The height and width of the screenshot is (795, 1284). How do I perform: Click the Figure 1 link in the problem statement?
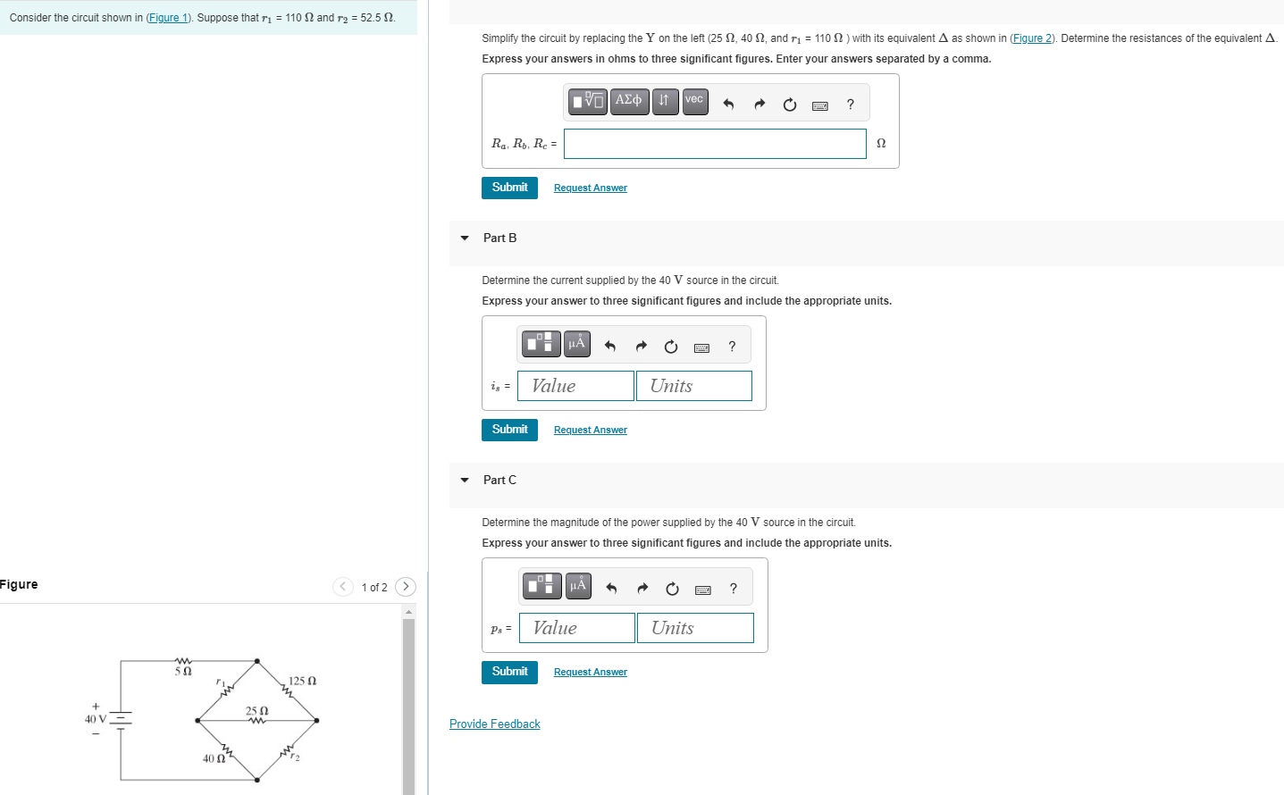click(168, 18)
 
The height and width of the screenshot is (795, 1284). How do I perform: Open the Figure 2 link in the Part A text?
click(1032, 38)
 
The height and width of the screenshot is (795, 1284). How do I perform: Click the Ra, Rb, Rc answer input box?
click(715, 143)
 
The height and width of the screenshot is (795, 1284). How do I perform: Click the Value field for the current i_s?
click(575, 386)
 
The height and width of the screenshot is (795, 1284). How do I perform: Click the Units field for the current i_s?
click(694, 386)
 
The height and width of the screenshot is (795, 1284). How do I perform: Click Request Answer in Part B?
click(591, 430)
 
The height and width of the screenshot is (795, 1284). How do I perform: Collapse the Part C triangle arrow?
click(465, 480)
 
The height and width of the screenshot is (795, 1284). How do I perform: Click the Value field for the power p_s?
click(577, 628)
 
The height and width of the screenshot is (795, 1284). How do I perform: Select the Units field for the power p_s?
click(695, 628)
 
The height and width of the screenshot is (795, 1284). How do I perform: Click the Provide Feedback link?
click(495, 724)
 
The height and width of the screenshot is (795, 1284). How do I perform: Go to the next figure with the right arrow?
click(406, 586)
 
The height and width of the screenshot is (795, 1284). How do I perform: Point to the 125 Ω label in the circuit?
click(302, 681)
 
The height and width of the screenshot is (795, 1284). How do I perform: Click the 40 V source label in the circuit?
click(95, 719)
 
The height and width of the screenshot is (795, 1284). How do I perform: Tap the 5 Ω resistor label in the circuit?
click(183, 671)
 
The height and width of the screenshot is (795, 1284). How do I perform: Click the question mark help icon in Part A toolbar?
click(850, 105)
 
